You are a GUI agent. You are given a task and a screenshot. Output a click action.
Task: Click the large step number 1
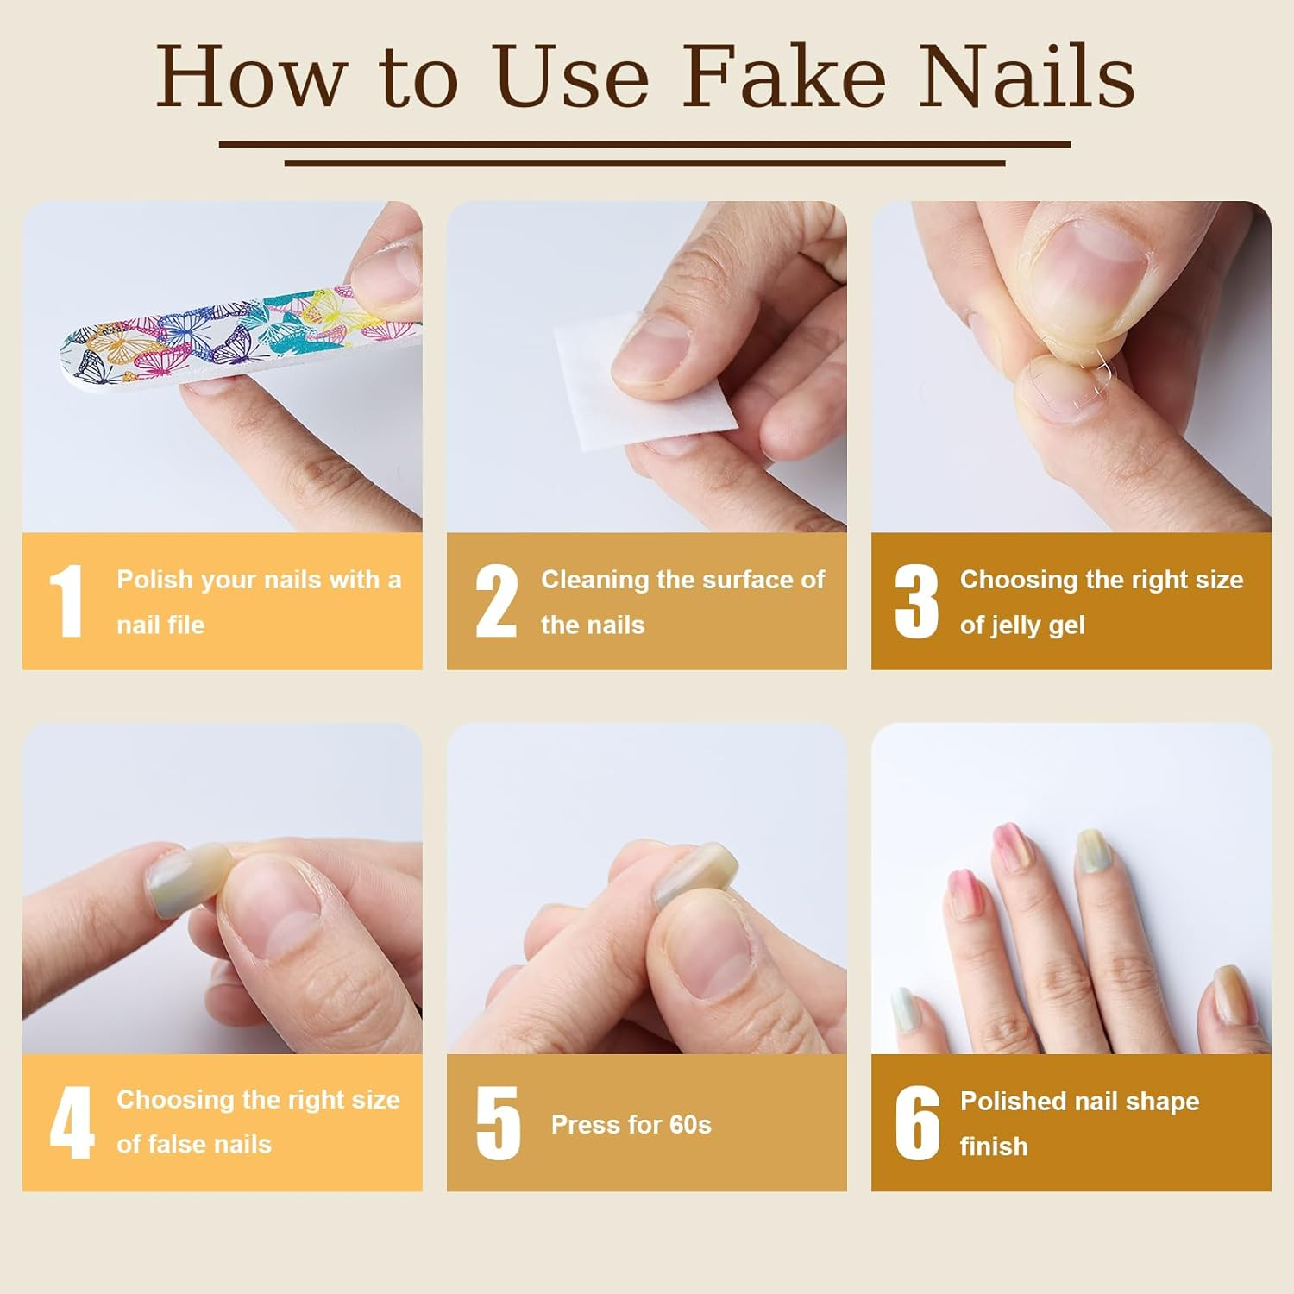66,601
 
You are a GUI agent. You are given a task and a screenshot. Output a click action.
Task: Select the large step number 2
496,601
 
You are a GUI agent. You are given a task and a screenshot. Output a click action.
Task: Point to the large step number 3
915,601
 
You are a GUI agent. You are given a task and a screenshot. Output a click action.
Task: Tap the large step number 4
71,1122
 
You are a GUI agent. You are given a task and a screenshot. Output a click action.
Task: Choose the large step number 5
498,1122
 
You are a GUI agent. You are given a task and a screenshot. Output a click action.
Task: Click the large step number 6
916,1122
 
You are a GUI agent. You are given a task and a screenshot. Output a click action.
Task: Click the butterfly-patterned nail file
216,341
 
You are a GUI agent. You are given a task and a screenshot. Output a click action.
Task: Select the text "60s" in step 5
690,1125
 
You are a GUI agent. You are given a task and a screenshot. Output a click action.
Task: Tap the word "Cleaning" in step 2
595,580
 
